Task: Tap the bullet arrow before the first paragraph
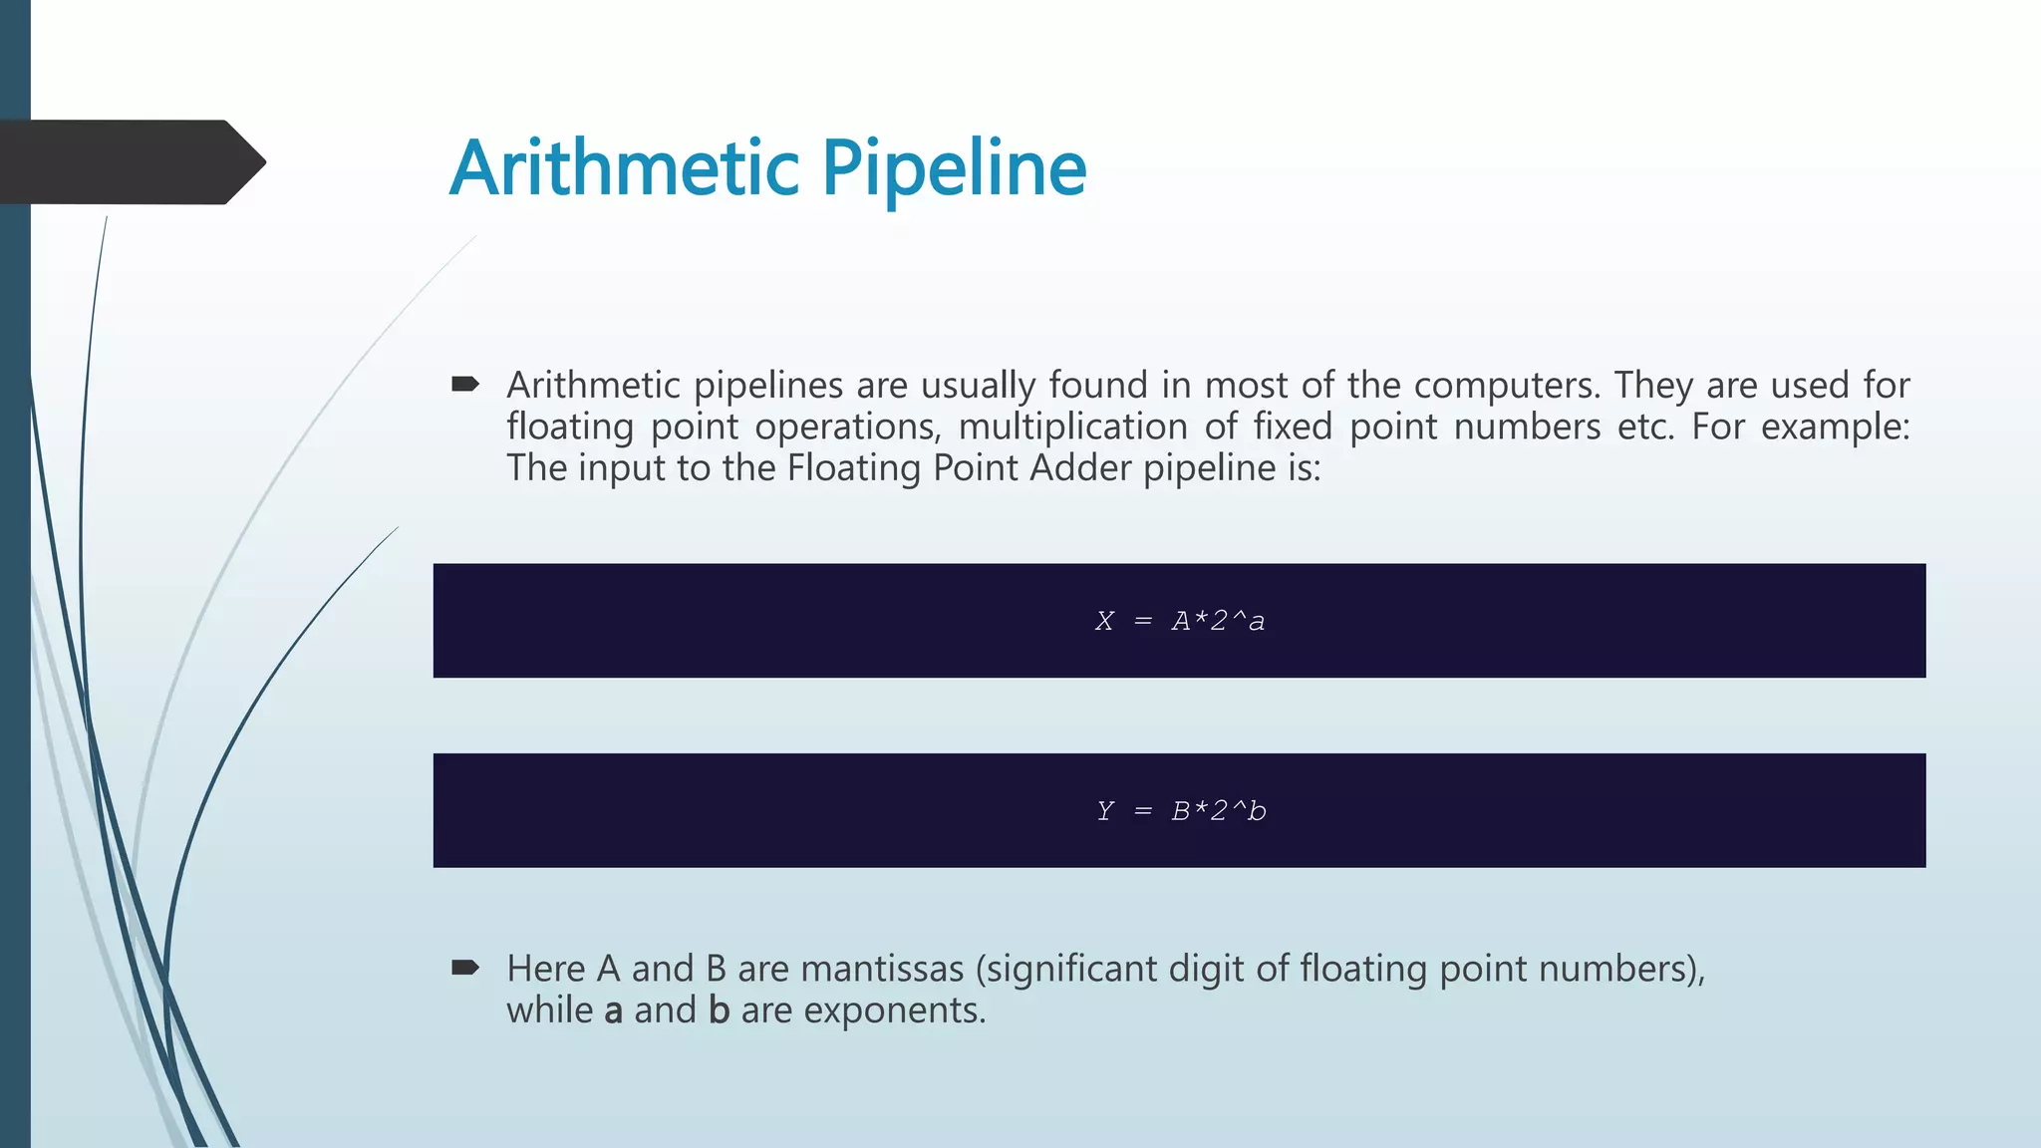(465, 384)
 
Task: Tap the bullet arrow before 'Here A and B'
(465, 967)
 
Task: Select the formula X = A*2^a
(1180, 621)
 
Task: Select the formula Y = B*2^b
(1180, 811)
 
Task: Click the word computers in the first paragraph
(1505, 385)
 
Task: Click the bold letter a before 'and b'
(613, 1010)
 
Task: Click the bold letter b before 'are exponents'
(719, 1010)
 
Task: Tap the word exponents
(894, 1010)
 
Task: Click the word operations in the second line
(846, 427)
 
